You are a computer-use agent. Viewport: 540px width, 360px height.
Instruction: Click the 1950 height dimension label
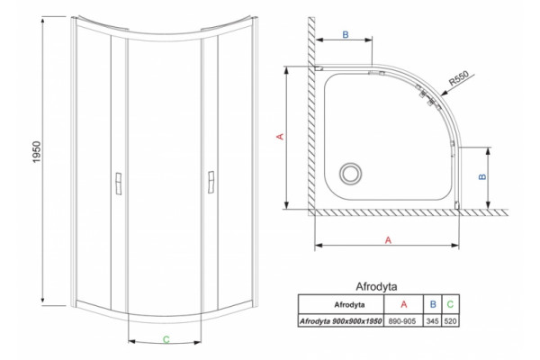click(37, 152)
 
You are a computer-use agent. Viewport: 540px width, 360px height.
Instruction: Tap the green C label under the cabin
click(166, 339)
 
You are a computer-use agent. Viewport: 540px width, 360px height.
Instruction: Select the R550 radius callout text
click(459, 78)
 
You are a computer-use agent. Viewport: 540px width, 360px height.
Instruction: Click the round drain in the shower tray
click(351, 173)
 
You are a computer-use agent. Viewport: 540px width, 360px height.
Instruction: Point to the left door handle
click(119, 184)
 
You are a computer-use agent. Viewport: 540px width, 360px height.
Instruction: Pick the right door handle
click(211, 182)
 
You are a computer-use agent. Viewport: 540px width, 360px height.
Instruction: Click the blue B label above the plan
click(346, 35)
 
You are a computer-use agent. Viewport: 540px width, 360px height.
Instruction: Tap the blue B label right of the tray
click(482, 176)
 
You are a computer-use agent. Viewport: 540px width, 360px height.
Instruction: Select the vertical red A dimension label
click(281, 137)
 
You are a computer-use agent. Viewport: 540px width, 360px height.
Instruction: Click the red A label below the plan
click(388, 240)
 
